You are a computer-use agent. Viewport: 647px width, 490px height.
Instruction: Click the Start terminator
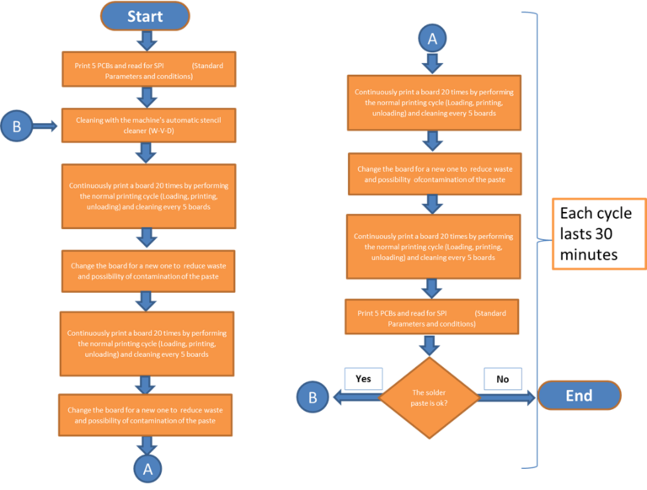point(145,16)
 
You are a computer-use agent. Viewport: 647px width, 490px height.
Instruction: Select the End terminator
point(579,395)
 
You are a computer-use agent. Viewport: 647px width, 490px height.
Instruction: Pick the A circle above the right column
point(432,38)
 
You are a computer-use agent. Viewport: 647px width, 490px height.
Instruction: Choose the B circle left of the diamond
point(313,397)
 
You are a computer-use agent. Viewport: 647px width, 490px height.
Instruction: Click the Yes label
point(363,378)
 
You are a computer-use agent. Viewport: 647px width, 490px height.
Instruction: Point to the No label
point(503,378)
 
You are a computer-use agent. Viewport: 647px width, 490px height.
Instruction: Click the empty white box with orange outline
point(598,233)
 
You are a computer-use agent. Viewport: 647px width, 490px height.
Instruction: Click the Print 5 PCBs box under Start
point(146,69)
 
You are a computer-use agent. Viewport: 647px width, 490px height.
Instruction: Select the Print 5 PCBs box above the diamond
point(432,318)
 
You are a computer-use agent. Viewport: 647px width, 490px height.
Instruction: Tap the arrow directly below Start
point(146,40)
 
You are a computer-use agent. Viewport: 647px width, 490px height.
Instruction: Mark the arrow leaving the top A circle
point(432,61)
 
